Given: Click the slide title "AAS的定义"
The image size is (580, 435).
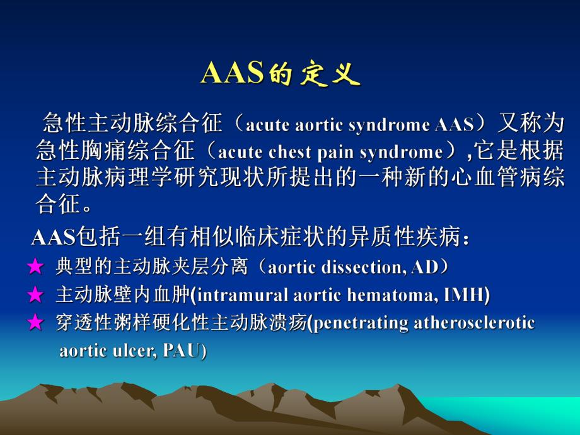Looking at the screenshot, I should point(280,74).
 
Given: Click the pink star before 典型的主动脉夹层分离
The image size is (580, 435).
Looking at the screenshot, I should point(35,267).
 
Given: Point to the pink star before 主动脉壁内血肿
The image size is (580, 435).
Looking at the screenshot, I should point(35,295).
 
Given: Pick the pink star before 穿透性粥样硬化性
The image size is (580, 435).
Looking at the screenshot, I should point(35,323).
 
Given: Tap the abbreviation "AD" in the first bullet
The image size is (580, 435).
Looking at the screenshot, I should point(424,267).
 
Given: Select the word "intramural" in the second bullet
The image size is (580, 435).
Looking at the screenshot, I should point(235,295).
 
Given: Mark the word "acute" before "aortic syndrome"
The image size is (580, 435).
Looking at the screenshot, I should point(262,125).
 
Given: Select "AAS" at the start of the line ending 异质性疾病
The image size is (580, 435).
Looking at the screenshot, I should point(52,239).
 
